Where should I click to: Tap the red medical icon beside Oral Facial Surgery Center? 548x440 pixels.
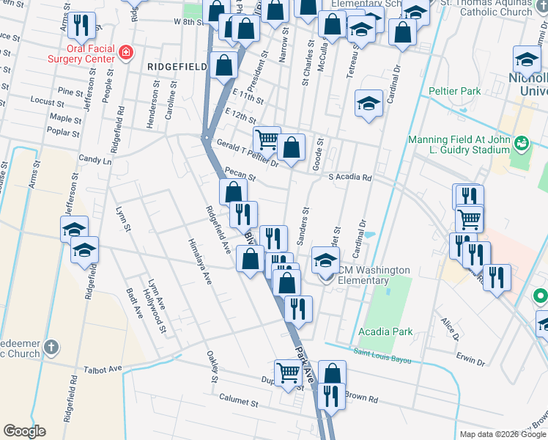click(x=126, y=53)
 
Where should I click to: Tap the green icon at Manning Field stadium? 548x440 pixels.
click(x=522, y=142)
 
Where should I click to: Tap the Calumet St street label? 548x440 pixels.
click(x=240, y=402)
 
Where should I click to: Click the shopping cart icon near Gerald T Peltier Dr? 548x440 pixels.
click(x=267, y=138)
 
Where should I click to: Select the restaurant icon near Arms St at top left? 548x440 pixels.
click(x=83, y=25)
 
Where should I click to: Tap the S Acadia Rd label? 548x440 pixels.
click(x=350, y=177)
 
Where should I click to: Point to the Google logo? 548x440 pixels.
click(x=24, y=431)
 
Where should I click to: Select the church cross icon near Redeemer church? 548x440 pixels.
click(x=51, y=346)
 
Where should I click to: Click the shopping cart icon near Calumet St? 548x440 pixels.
click(x=288, y=372)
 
